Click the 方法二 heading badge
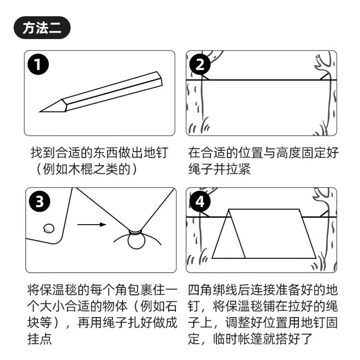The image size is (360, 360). coord(42,28)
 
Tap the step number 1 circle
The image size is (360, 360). coord(38,64)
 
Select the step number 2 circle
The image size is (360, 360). coord(200,64)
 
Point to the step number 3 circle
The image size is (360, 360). coord(40,202)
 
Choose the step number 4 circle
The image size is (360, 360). coord(200,202)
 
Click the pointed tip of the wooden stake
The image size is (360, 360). coord(40,112)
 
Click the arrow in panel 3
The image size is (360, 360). coord(92,224)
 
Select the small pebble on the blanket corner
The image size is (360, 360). coord(49,229)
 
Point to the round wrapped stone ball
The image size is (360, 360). coord(137,241)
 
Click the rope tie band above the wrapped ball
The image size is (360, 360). coord(135,232)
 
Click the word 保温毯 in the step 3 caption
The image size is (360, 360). coord(58,289)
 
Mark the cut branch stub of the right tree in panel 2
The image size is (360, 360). coord(319,58)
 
